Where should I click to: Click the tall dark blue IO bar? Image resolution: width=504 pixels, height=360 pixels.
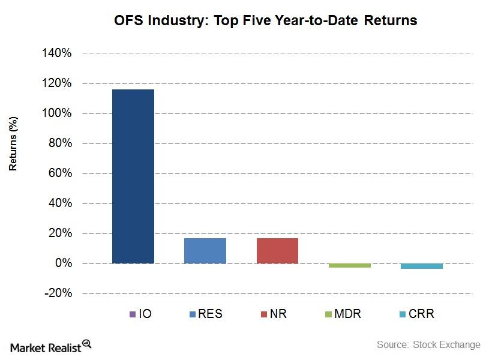click(x=133, y=176)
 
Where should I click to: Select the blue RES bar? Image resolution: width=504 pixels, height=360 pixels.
click(x=205, y=251)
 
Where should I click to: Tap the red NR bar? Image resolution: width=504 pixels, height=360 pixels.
click(x=277, y=251)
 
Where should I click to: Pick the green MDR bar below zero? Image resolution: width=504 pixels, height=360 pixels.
click(x=350, y=265)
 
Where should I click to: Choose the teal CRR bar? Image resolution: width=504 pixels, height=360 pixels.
click(x=422, y=266)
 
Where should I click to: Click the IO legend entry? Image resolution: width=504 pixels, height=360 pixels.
click(x=140, y=314)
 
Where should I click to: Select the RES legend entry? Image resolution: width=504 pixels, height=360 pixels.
click(x=206, y=314)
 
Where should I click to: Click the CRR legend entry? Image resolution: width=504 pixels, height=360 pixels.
click(x=415, y=314)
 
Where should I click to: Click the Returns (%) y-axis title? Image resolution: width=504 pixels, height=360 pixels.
click(x=13, y=144)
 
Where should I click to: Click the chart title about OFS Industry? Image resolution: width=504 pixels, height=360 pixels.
click(x=266, y=20)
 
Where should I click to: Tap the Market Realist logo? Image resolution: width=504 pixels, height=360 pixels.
click(x=46, y=346)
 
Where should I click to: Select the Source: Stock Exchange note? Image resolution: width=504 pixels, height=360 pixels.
click(x=428, y=344)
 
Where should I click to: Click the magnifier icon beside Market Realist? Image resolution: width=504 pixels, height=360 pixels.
click(x=87, y=344)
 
